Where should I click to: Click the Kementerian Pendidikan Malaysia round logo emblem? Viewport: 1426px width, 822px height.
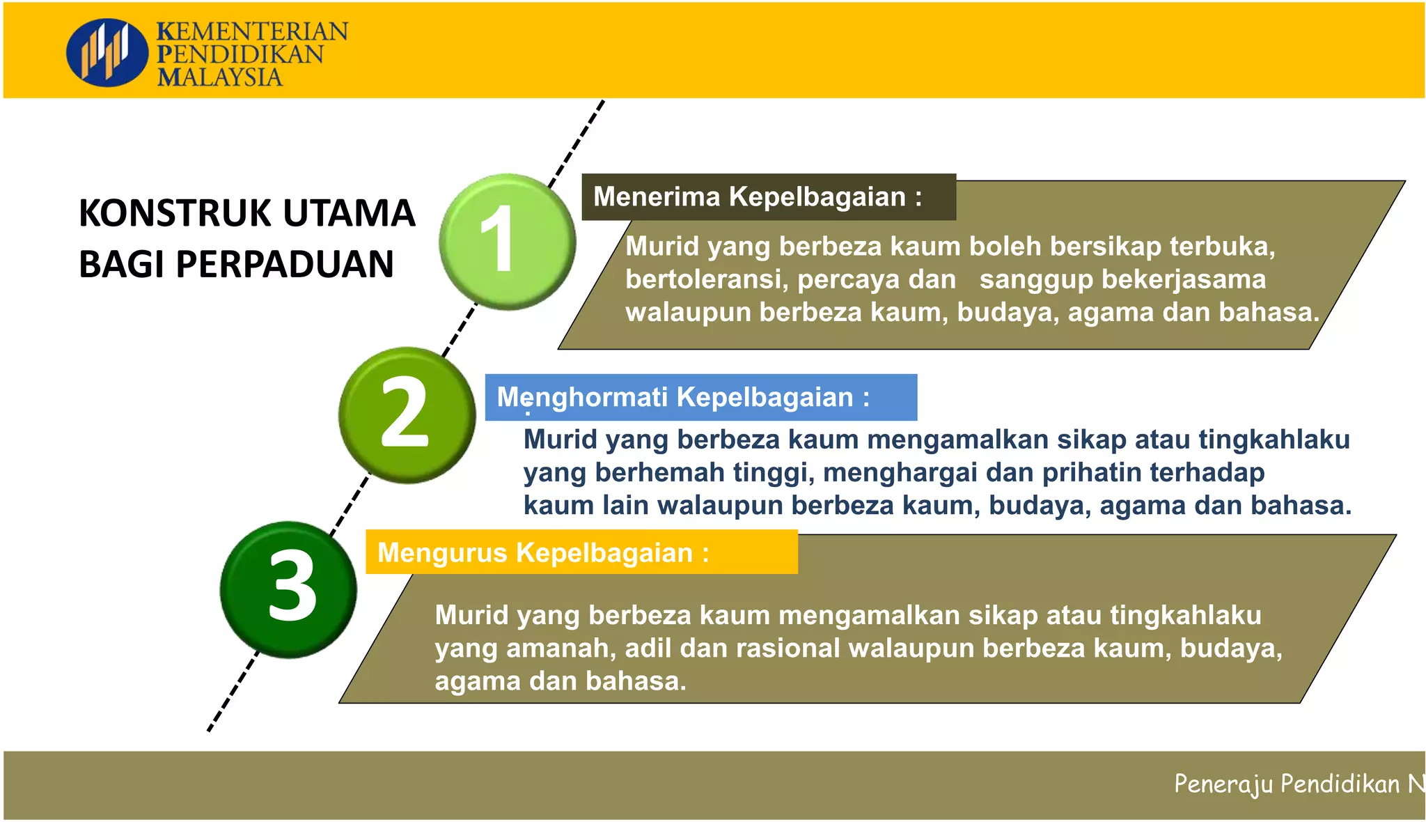click(107, 53)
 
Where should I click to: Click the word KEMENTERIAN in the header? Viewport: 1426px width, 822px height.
click(252, 32)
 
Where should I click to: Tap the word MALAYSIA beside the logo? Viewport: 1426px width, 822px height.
click(220, 77)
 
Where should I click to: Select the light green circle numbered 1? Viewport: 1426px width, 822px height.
click(507, 241)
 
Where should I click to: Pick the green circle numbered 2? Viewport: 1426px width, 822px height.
click(407, 414)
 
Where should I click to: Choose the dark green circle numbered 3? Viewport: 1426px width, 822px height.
click(288, 589)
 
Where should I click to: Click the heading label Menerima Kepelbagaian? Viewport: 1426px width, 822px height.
click(757, 197)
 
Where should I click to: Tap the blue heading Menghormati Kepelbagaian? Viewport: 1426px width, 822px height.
click(682, 397)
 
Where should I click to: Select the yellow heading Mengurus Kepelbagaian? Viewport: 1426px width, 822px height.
click(542, 552)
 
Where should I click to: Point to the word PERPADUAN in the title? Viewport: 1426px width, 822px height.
click(285, 265)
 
